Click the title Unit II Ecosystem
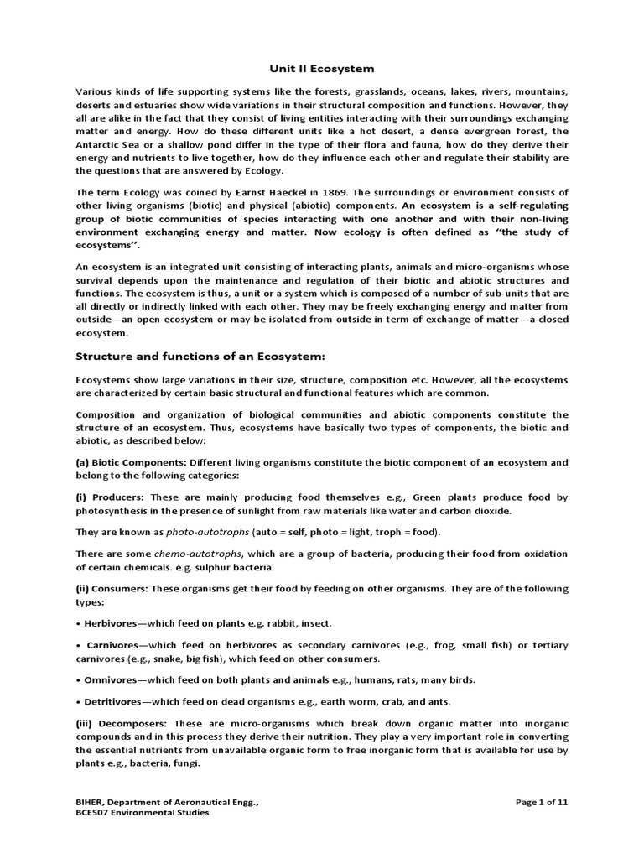point(321,68)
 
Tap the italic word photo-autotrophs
point(201,532)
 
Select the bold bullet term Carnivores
point(113,645)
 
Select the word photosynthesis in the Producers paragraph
point(115,510)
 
